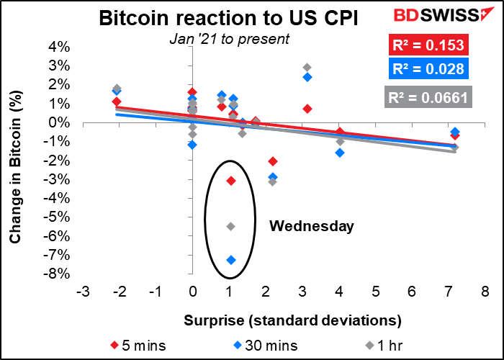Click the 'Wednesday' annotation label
312,227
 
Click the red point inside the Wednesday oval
230,180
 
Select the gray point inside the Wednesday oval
230,226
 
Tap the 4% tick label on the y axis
60,47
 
